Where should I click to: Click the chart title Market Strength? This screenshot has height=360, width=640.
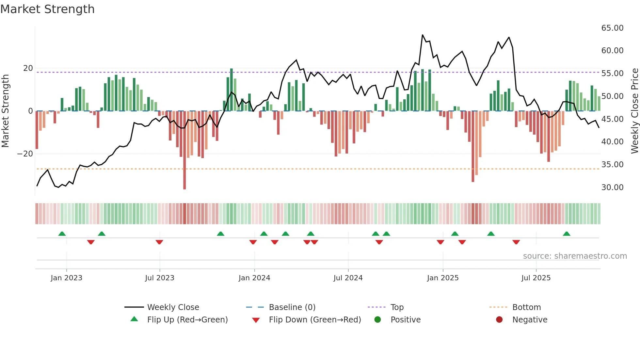(x=47, y=9)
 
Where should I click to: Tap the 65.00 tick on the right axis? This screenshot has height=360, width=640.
(x=612, y=28)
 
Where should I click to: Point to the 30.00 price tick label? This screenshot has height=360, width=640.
(x=612, y=188)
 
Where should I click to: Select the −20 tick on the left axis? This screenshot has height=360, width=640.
(x=25, y=154)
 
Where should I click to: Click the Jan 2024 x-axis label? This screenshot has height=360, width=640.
(x=254, y=278)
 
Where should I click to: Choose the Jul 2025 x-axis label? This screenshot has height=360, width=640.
(x=536, y=278)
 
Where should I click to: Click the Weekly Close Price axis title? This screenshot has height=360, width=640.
(x=634, y=111)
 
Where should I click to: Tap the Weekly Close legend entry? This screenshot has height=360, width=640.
(x=173, y=307)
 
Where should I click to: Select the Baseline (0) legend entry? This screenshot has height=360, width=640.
(x=292, y=307)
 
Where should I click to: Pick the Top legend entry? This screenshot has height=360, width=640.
(x=397, y=307)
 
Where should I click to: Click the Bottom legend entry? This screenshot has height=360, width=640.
(x=526, y=307)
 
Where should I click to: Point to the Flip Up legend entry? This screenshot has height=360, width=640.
(x=187, y=320)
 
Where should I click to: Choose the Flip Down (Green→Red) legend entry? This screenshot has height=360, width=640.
(x=315, y=320)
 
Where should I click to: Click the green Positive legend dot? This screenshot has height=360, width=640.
(x=377, y=320)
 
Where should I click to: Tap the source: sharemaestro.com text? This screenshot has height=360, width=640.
(x=575, y=256)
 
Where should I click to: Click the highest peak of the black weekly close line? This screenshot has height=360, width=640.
(x=423, y=35)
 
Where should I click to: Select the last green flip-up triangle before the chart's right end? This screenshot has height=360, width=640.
(x=567, y=234)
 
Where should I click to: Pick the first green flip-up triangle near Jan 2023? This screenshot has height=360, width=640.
(x=62, y=234)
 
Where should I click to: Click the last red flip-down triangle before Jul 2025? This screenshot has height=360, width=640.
(x=516, y=242)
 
